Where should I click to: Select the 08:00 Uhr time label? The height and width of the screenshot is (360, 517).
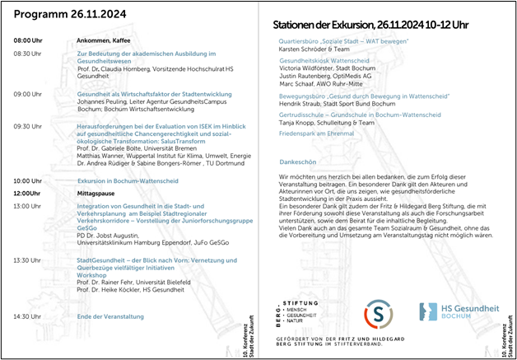pos(27,40)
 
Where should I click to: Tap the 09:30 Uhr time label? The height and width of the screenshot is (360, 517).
pos(27,126)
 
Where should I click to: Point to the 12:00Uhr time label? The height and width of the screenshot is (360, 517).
pos(27,193)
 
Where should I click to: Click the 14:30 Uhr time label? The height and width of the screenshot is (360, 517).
pos(27,316)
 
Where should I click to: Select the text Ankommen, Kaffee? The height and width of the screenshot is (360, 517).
pos(98,40)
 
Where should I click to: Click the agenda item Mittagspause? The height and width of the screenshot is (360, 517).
pos(96,193)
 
